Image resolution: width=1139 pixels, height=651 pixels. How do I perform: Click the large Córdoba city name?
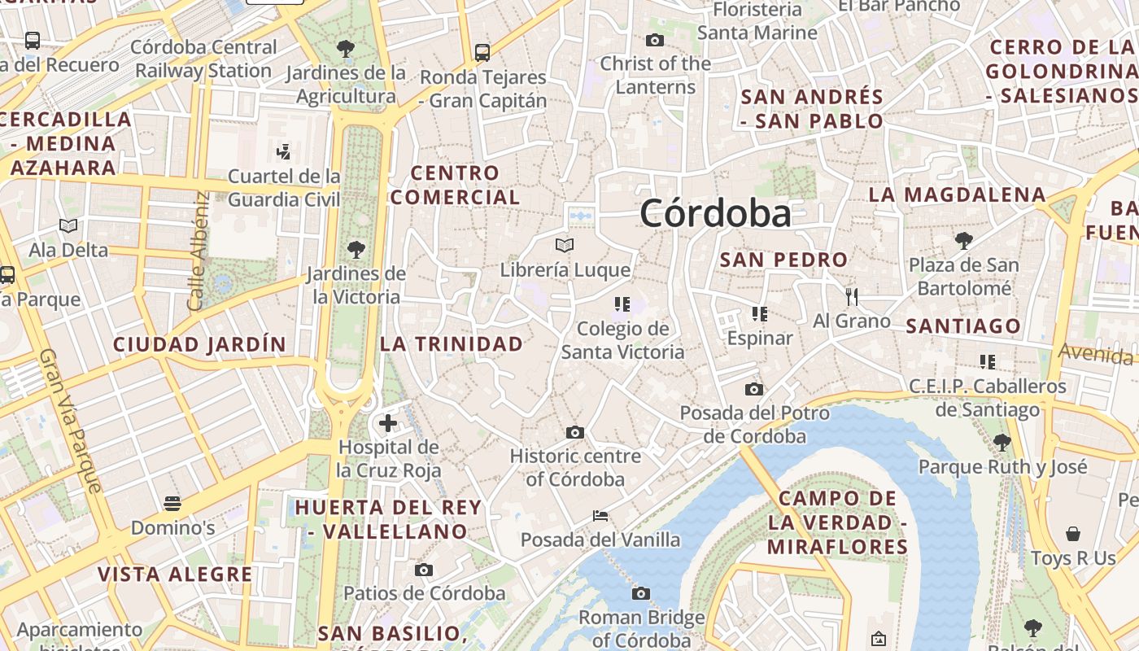715,214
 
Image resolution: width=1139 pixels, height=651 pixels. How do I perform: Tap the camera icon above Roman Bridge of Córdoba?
641,593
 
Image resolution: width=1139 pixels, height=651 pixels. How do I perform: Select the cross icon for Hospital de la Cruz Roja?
388,422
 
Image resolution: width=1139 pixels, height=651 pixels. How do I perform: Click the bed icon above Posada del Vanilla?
600,515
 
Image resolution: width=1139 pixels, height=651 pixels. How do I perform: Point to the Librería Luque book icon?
565,244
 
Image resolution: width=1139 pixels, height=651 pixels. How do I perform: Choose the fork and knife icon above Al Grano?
852,295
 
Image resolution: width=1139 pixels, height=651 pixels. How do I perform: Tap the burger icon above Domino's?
172,503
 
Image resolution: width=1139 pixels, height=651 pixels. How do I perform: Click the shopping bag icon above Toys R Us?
1073,534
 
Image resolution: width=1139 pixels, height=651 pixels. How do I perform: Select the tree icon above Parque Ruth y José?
1002,442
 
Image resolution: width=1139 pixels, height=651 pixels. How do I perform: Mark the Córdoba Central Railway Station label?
203,59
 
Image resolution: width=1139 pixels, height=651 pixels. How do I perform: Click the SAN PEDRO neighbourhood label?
784,260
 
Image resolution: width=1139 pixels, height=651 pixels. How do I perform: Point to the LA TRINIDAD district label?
452,343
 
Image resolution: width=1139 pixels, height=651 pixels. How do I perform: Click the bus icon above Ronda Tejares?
482,52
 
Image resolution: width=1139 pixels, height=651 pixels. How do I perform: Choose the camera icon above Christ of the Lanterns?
655,40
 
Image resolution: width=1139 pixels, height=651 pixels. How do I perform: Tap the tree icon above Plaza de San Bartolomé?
964,240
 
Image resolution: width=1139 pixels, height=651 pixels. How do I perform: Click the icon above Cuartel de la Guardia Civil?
283,151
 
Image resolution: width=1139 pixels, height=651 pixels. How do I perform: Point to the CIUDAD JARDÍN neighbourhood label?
199,344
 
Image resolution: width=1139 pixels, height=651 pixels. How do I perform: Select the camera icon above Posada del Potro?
754,389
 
